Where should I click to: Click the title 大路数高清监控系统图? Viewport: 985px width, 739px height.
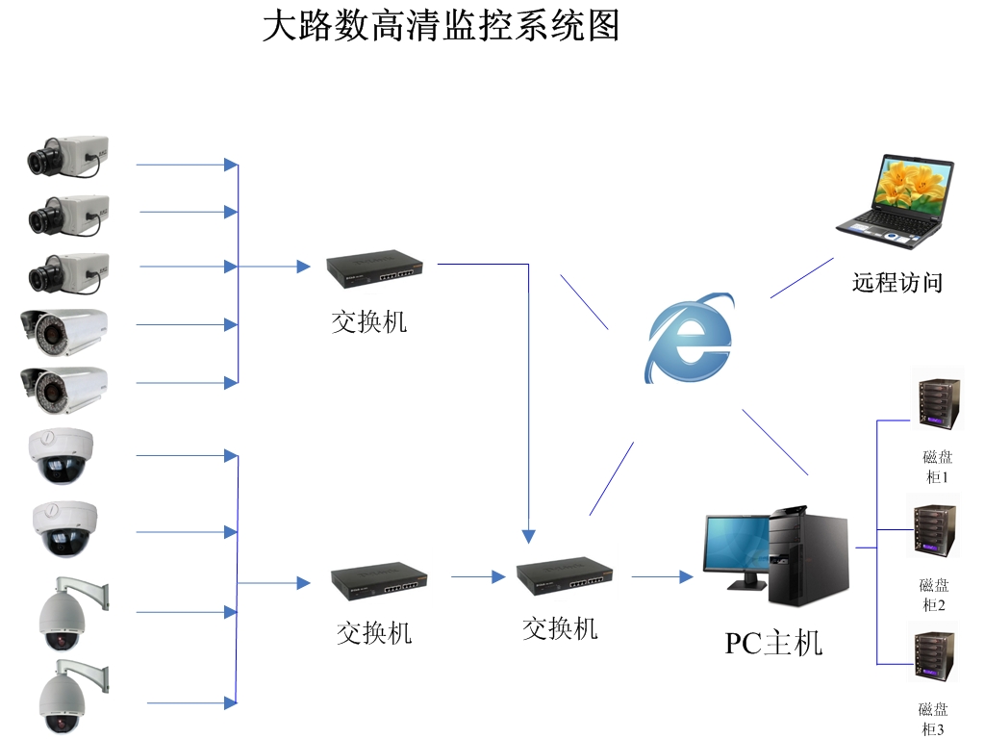coord(442,27)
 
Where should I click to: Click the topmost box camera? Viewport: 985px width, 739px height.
coord(67,155)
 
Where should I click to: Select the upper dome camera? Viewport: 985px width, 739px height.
coord(62,455)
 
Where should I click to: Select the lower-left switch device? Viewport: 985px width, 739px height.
coord(379,578)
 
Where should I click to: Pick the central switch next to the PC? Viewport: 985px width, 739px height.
coord(565,574)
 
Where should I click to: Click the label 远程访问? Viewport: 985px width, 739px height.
coord(897,283)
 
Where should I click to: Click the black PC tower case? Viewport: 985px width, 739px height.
coord(810,556)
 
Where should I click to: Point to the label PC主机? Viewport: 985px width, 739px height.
coord(773,643)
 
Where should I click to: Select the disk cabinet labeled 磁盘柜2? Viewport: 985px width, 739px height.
coord(933,527)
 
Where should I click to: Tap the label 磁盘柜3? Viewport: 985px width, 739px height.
coord(933,719)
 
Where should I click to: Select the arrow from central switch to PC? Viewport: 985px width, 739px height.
coord(662,576)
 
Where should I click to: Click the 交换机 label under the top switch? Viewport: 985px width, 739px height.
coord(369,321)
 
